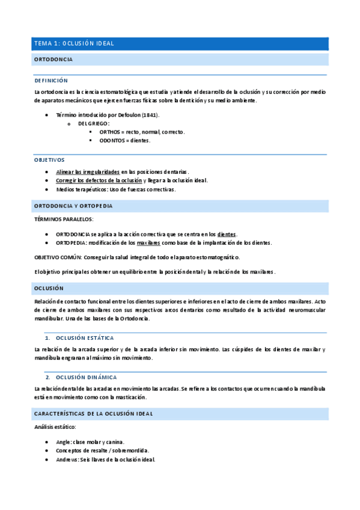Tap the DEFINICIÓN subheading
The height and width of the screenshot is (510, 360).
click(51, 81)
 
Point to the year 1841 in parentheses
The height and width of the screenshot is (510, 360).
click(150, 114)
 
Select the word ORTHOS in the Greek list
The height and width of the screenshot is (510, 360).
click(110, 132)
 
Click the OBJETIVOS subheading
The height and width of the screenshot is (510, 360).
click(49, 160)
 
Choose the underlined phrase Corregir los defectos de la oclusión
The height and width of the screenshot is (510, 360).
click(99, 180)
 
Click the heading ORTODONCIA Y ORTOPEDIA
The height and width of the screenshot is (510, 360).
click(73, 206)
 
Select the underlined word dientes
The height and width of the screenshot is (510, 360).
click(226, 234)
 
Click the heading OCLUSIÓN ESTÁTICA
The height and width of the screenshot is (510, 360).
click(84, 338)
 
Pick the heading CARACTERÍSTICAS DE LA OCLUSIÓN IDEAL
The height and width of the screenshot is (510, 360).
click(94, 414)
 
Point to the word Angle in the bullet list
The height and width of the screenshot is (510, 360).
click(64, 441)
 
